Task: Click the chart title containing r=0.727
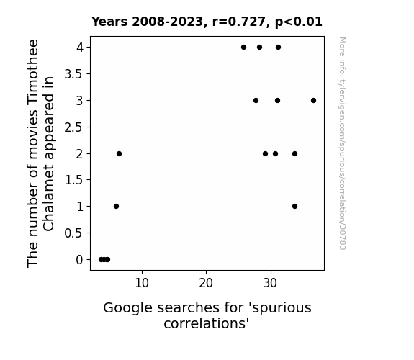coord(207,22)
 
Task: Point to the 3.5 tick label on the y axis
coord(73,74)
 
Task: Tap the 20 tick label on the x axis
coord(206,283)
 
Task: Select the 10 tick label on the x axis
coord(142,283)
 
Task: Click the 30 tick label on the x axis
coord(270,283)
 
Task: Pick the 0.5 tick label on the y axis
coord(73,233)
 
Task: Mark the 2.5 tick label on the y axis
coord(73,127)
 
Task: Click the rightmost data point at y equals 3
coord(313,100)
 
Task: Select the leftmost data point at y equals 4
coord(243,48)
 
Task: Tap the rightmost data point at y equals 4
coord(279,48)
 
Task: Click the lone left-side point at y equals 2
coord(119,153)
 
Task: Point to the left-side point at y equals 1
coord(116,207)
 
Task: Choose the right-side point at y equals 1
coord(295,207)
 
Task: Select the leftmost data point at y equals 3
coord(256,100)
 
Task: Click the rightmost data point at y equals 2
coord(295,153)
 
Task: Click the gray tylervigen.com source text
coord(342,143)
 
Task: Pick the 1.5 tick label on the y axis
coord(73,180)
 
